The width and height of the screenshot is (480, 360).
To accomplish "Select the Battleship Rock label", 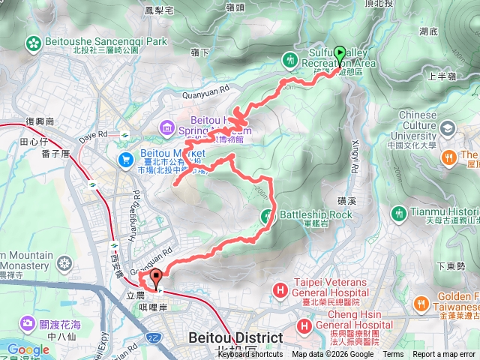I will click(315, 215).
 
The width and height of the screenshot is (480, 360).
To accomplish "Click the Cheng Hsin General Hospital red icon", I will click(304, 326).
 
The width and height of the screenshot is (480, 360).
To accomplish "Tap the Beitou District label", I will click(237, 337).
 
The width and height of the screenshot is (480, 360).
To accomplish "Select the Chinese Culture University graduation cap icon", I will click(447, 129).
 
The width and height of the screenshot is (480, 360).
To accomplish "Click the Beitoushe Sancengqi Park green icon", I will click(33, 43).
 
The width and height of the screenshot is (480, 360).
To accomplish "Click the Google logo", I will click(28, 349).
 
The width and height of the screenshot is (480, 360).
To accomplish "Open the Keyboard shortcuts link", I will click(250, 355).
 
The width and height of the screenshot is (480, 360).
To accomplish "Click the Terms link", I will click(393, 355).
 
